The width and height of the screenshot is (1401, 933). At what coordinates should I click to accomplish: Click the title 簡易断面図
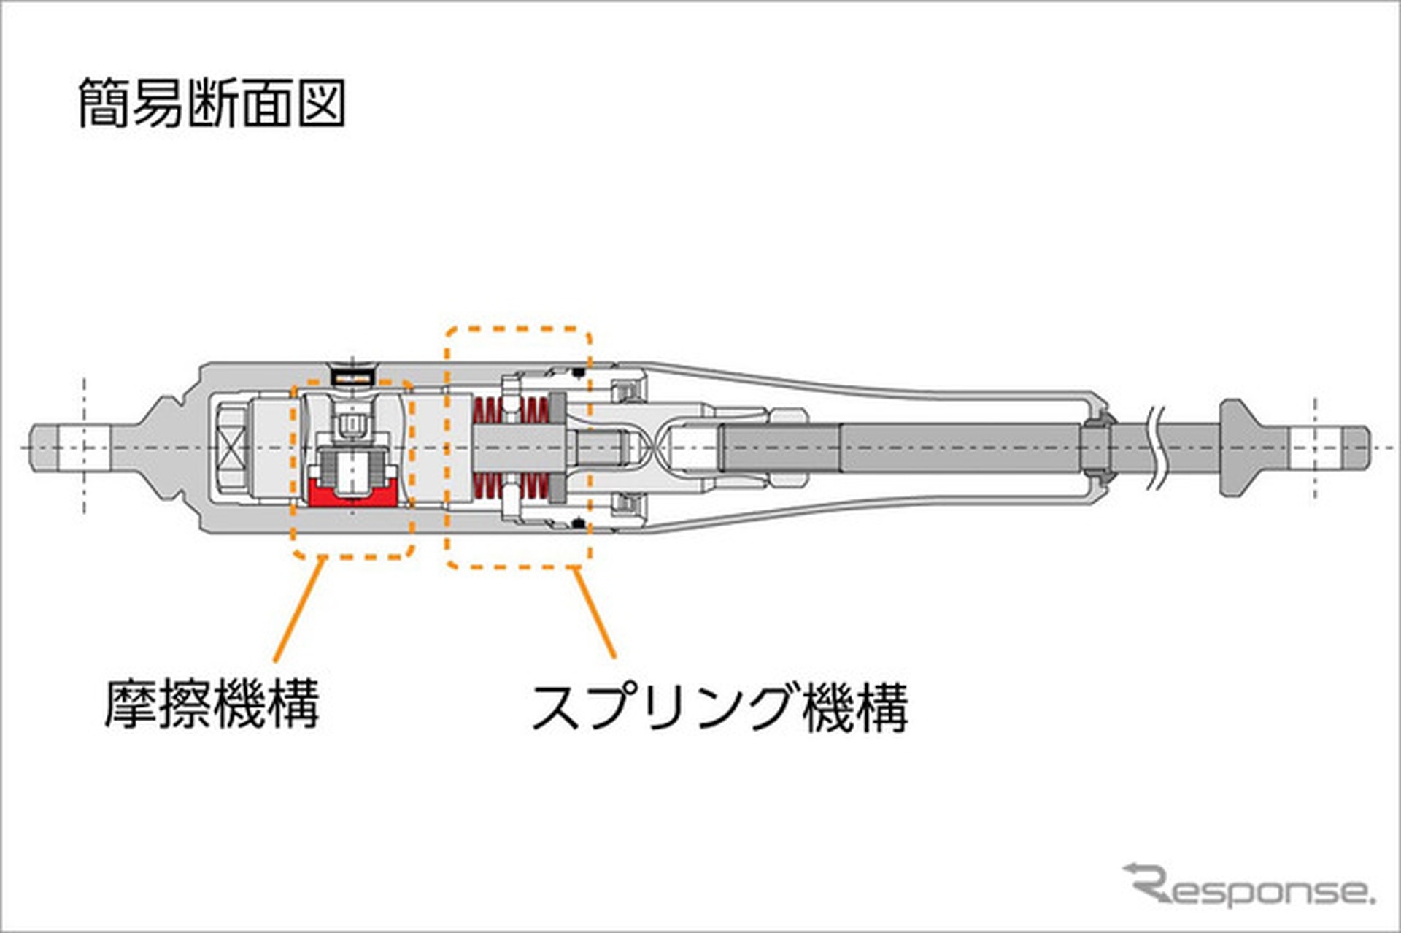pyautogui.click(x=212, y=103)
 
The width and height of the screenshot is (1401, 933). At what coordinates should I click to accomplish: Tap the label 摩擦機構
pyautogui.click(x=212, y=704)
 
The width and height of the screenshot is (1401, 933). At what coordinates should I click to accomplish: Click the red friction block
pyautogui.click(x=352, y=496)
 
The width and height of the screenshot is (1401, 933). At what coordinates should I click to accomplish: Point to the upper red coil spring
pyautogui.click(x=511, y=410)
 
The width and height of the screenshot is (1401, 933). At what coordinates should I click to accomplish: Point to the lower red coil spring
pyautogui.click(x=511, y=485)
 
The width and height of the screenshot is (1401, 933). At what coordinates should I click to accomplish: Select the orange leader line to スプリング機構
pyautogui.click(x=595, y=613)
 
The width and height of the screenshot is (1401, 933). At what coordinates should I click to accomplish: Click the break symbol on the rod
pyautogui.click(x=1156, y=448)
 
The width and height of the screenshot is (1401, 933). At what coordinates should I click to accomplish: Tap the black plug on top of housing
pyautogui.click(x=353, y=376)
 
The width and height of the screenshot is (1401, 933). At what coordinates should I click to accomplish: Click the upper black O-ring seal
pyautogui.click(x=579, y=373)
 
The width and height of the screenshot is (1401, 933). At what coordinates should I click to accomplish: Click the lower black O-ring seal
pyautogui.click(x=579, y=523)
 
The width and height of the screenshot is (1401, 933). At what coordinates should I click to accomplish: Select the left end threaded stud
pyautogui.click(x=69, y=448)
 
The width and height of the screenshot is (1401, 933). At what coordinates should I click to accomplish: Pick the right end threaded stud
pyautogui.click(x=1328, y=448)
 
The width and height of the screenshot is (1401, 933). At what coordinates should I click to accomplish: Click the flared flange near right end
pyautogui.click(x=1240, y=448)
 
